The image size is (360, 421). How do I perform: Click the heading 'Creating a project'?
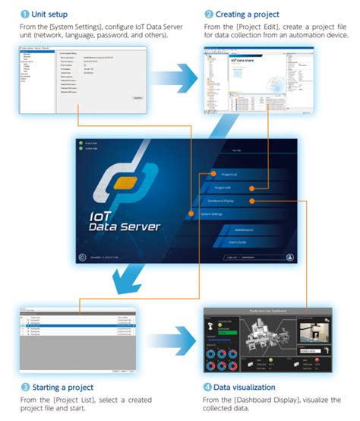tap(243, 13)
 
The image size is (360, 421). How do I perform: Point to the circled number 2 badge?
tap(208, 13)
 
